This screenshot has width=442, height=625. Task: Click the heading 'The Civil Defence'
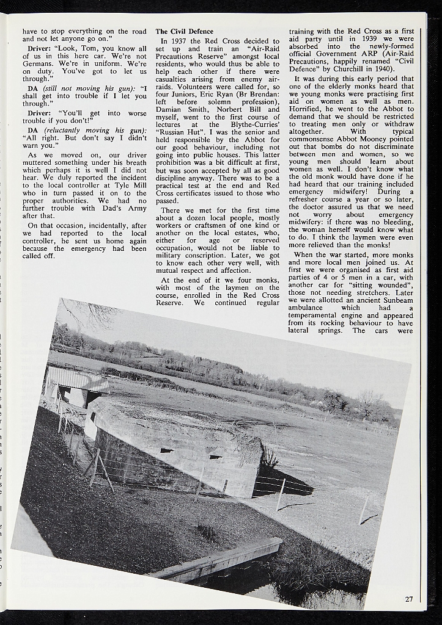185,31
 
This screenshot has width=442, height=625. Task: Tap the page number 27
408,599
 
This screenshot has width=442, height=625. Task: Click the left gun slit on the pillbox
166,450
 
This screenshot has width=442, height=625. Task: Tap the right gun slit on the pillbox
215,456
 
